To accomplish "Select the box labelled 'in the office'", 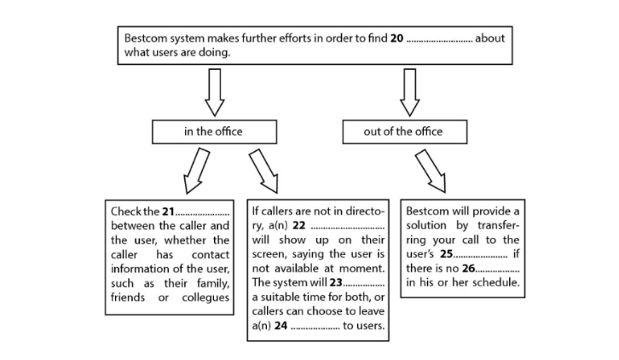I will click(213, 131).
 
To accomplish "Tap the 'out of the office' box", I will click(403, 131).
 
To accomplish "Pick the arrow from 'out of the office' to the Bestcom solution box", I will click(428, 171).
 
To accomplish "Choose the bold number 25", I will click(447, 254).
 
